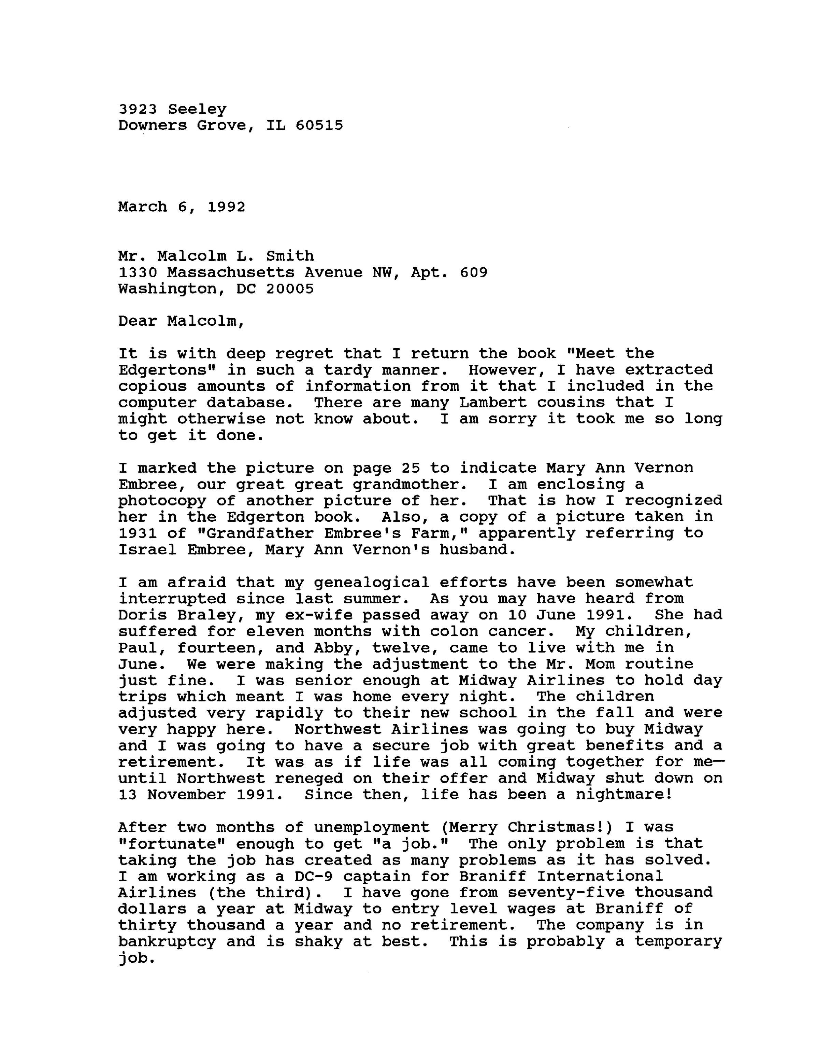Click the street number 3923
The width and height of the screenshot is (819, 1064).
pos(138,109)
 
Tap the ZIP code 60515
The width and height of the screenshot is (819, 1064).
pos(319,126)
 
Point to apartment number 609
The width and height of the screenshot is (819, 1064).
pos(473,272)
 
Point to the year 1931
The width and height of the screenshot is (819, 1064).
pos(138,533)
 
